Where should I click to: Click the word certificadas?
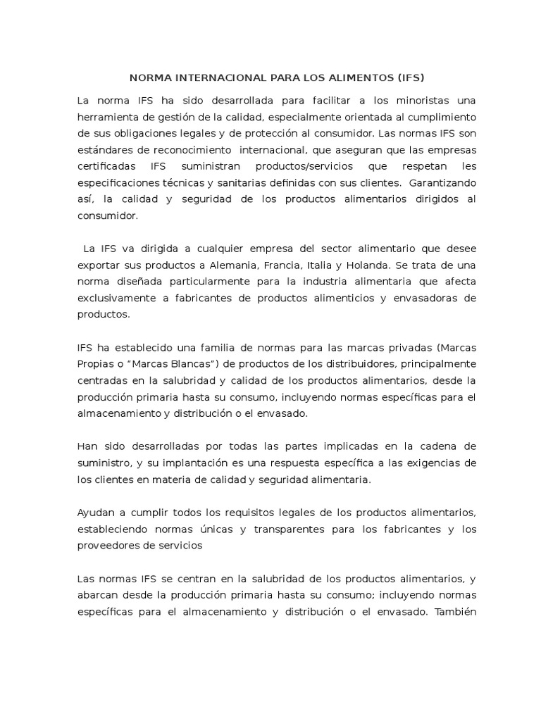[104, 166]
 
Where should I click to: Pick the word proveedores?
[105, 545]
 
